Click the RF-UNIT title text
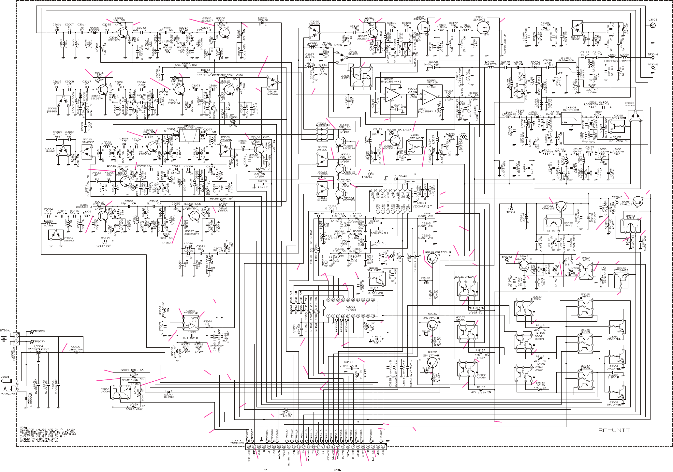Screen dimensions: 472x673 point(614,430)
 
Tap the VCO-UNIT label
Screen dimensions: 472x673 point(422,206)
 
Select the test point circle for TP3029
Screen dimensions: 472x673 point(32,331)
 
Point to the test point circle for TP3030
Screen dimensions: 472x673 point(32,341)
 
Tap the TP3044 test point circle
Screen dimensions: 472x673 point(653,58)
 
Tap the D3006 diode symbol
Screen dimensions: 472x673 point(77,352)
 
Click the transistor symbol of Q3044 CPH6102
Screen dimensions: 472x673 point(561,206)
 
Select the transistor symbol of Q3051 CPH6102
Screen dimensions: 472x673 point(637,201)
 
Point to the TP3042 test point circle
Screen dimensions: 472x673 point(507,260)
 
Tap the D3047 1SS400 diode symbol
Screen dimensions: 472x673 point(168,392)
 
